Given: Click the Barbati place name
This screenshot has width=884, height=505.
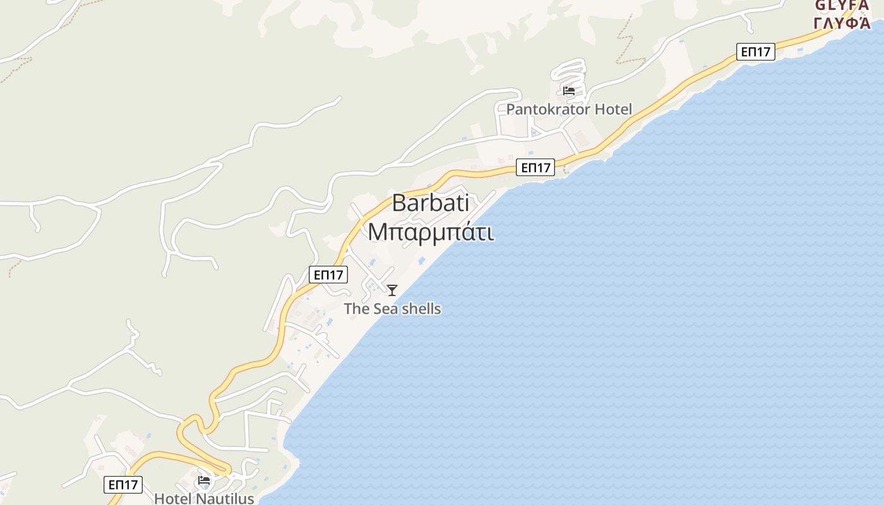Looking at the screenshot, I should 430,203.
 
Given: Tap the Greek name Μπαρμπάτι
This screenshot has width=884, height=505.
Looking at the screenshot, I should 431,232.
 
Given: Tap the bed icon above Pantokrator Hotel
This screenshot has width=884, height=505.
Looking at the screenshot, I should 569,91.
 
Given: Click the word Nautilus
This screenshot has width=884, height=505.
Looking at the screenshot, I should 225,498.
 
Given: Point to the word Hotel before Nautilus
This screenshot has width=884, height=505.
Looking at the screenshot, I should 173,498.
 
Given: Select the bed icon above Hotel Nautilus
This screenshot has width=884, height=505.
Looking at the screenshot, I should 204,480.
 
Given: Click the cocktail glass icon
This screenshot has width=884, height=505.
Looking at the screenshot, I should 392,290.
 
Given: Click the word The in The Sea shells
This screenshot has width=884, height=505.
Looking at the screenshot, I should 356,309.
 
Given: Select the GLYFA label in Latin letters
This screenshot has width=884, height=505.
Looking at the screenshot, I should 842,5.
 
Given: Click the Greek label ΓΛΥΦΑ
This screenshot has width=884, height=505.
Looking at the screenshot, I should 842,23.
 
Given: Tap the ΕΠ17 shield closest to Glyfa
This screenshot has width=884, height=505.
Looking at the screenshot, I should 755,52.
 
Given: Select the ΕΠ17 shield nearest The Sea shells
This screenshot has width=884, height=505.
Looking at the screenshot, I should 328,275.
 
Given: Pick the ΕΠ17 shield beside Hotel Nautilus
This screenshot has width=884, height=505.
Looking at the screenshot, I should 123,485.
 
